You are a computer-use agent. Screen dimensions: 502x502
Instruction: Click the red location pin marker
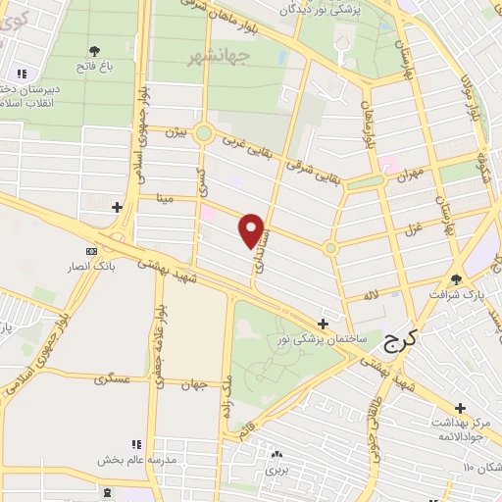(x=253, y=230)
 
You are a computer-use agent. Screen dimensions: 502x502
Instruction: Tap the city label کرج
(x=400, y=341)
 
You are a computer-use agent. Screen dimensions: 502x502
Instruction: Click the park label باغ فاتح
(x=96, y=66)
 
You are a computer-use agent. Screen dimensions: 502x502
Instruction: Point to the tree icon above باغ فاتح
(x=95, y=50)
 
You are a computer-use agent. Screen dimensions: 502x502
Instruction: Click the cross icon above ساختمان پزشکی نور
(x=324, y=323)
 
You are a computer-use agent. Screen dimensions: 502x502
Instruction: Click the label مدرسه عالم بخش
(x=136, y=460)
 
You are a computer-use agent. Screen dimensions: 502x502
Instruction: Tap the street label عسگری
(x=112, y=377)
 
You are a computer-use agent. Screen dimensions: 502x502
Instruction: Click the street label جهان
(x=194, y=384)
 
